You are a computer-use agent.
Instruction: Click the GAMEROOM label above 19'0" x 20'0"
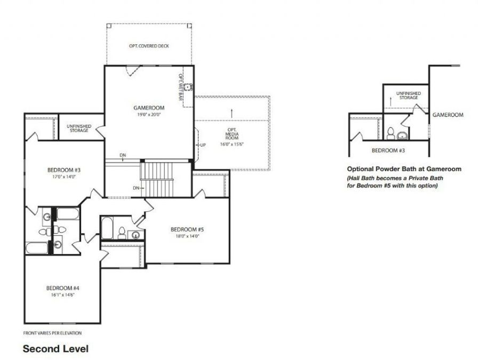(149, 108)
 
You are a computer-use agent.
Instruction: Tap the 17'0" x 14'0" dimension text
(64, 177)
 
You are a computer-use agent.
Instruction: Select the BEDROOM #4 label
(63, 288)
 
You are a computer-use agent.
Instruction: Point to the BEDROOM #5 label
(187, 229)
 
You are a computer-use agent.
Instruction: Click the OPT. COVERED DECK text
(149, 46)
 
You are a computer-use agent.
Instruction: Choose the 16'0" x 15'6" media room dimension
(232, 144)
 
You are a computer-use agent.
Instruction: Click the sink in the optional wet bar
(187, 87)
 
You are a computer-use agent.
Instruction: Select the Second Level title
(55, 349)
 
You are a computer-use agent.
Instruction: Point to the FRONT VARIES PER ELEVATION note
(52, 333)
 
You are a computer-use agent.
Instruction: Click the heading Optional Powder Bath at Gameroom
(404, 169)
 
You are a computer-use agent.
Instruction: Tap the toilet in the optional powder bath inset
(390, 133)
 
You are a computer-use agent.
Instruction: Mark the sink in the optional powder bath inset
(403, 135)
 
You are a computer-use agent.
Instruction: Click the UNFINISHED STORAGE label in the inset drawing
(409, 95)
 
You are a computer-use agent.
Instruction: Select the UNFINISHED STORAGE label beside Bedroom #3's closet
(79, 128)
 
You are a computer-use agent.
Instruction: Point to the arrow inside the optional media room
(232, 113)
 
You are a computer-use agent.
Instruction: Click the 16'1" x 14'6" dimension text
(63, 295)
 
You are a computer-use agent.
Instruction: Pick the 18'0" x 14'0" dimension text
(187, 236)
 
